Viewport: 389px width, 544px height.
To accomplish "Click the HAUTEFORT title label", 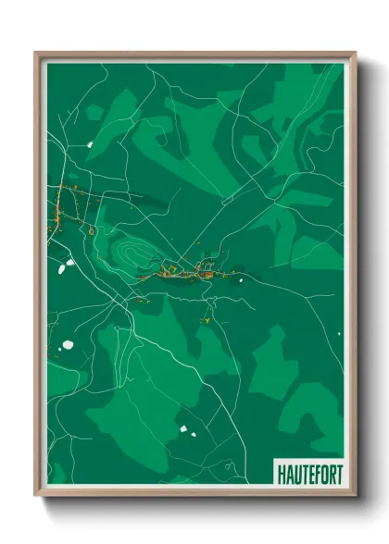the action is pyautogui.click(x=308, y=473).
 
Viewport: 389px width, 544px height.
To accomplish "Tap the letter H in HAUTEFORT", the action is pyautogui.click(x=281, y=473).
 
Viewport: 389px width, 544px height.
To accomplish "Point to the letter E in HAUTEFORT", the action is pyautogui.click(x=309, y=473).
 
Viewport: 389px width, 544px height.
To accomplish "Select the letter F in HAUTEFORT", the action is pyautogui.click(x=316, y=473).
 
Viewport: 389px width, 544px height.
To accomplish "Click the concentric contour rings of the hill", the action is pyautogui.click(x=129, y=248).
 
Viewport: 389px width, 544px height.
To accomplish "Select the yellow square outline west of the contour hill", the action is pyautogui.click(x=91, y=229).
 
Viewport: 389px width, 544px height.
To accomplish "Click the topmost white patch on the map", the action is pyautogui.click(x=90, y=144).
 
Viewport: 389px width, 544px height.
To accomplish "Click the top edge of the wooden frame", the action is pyautogui.click(x=194, y=55).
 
